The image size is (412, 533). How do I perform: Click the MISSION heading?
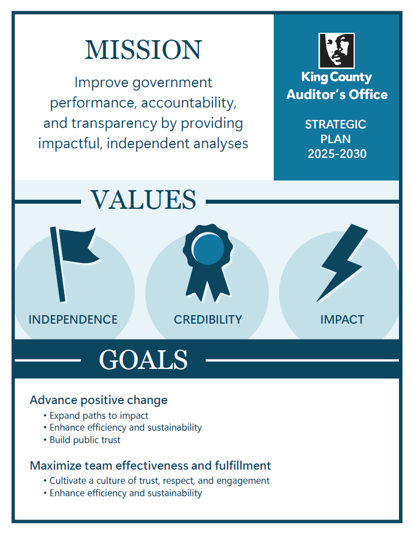[143, 50]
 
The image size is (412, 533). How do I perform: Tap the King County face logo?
[337, 51]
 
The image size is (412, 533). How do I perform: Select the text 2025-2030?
[337, 154]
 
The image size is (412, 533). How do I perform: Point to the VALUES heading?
[143, 200]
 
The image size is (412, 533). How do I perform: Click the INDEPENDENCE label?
[73, 320]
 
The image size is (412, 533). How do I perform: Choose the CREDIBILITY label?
[208, 320]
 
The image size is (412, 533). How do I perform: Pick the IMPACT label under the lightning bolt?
[342, 320]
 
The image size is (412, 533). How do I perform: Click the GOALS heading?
[143, 360]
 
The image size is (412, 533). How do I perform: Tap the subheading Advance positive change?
[99, 400]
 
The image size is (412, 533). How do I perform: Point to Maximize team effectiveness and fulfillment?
[150, 466]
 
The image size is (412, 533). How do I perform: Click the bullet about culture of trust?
[159, 481]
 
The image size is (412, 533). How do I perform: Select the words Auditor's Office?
[337, 94]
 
